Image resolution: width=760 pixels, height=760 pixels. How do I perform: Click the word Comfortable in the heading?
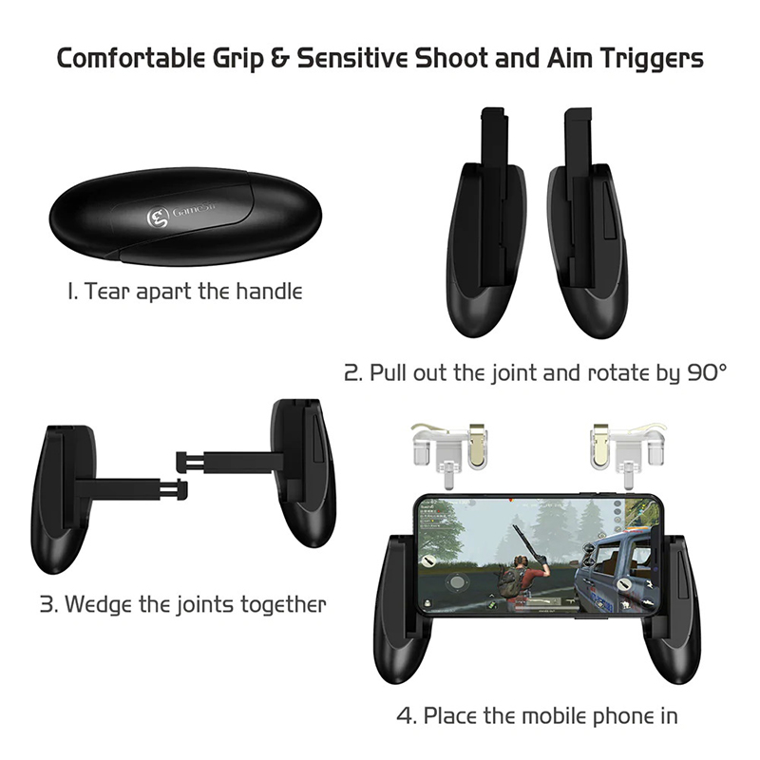point(131,58)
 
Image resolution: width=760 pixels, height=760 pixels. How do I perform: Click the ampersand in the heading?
point(280,58)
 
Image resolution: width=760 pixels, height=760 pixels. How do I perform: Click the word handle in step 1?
point(269,292)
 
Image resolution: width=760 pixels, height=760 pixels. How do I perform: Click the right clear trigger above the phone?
point(626,448)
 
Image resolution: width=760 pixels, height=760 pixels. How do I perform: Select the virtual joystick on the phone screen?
point(457,581)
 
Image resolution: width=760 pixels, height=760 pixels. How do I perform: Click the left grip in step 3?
point(63,500)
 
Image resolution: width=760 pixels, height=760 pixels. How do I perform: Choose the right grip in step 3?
point(300,472)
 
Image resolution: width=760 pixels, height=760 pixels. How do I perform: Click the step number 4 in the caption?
point(406,716)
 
